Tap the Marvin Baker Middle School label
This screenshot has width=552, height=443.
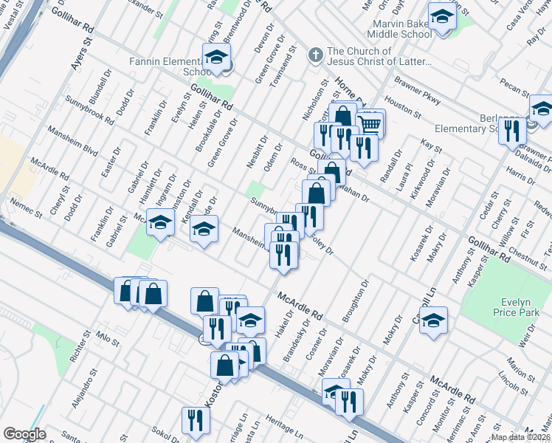(x=402, y=29)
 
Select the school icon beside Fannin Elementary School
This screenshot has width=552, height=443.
(x=217, y=57)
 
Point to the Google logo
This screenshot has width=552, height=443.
(x=24, y=434)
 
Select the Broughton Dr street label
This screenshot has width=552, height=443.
(x=355, y=300)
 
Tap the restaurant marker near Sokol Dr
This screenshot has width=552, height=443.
(x=196, y=420)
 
